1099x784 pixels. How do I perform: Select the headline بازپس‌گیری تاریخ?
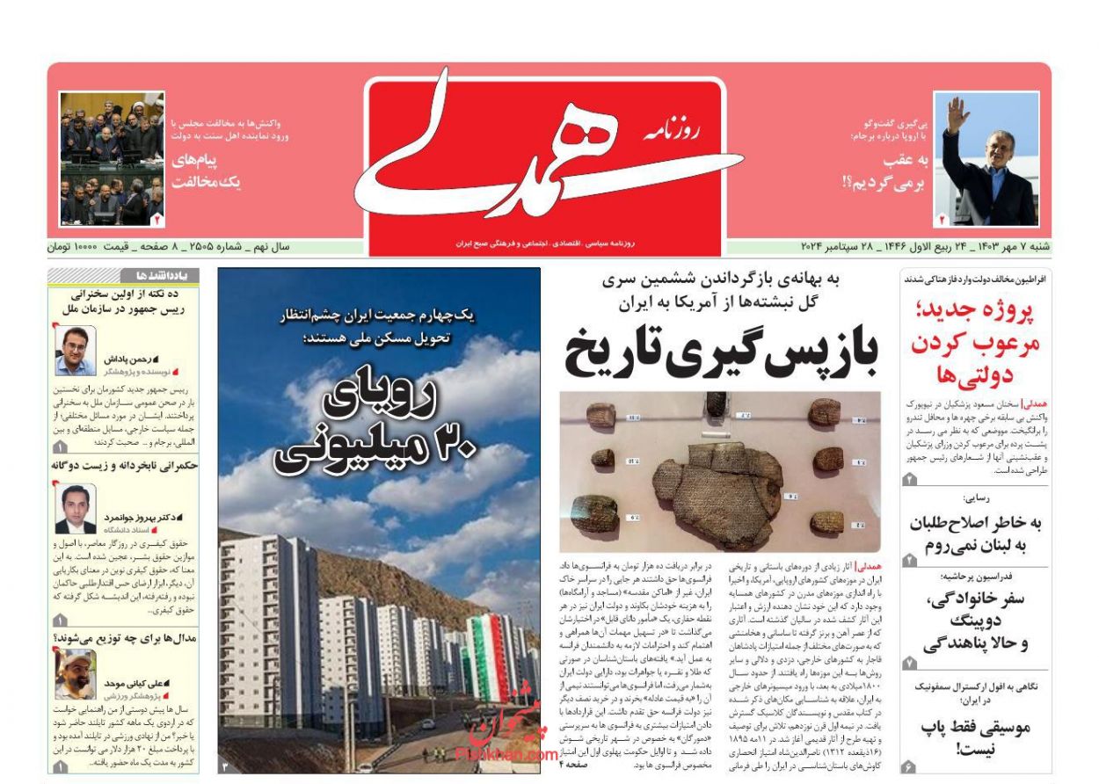(721, 352)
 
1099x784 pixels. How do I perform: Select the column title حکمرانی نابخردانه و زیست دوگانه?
(124, 466)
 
